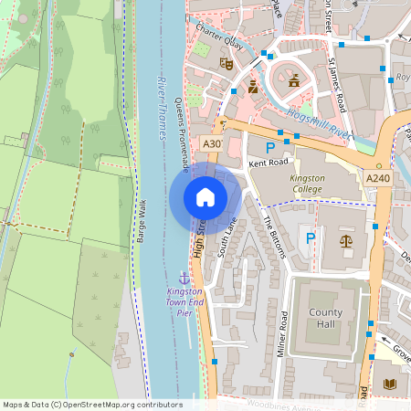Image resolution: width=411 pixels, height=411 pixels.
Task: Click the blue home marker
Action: pos(205,197)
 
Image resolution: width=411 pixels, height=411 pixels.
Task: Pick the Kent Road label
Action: pos(268,164)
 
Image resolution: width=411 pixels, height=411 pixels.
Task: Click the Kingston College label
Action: pos(308,184)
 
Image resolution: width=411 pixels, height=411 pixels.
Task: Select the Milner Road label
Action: pos(283,333)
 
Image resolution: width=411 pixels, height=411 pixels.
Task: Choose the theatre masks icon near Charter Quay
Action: pos(227,64)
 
